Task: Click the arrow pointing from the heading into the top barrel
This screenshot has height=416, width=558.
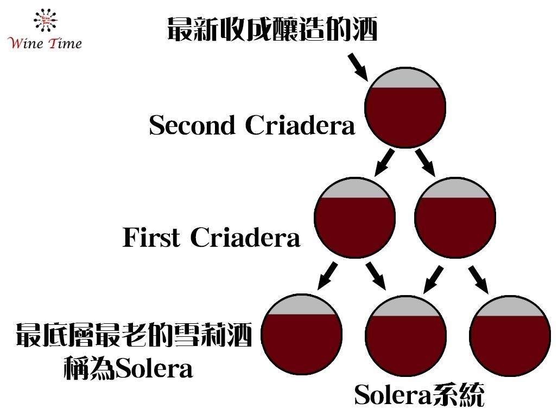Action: tap(357, 66)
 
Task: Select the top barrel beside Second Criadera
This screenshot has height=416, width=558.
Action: tap(405, 114)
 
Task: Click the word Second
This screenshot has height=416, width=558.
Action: tap(192, 125)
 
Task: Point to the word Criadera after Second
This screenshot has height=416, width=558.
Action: tap(300, 125)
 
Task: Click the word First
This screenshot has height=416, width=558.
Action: tap(151, 238)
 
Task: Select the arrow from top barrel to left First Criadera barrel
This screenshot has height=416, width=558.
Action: tap(384, 162)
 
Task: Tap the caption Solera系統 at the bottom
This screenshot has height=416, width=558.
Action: tap(418, 395)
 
